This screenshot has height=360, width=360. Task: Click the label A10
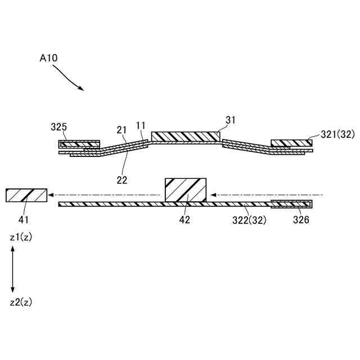(49, 57)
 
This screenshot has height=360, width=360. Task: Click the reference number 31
(231, 120)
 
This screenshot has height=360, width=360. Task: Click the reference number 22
(122, 180)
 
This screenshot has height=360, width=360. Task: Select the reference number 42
(184, 220)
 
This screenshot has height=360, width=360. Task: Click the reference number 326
(301, 220)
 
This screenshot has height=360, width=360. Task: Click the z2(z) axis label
(21, 302)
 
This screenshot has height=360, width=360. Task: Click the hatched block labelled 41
(25, 195)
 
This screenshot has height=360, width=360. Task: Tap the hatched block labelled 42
(185, 190)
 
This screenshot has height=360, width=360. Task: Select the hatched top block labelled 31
(185, 137)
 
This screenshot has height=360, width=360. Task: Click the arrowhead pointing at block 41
(51, 195)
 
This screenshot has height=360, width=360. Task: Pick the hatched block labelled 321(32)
(291, 143)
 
